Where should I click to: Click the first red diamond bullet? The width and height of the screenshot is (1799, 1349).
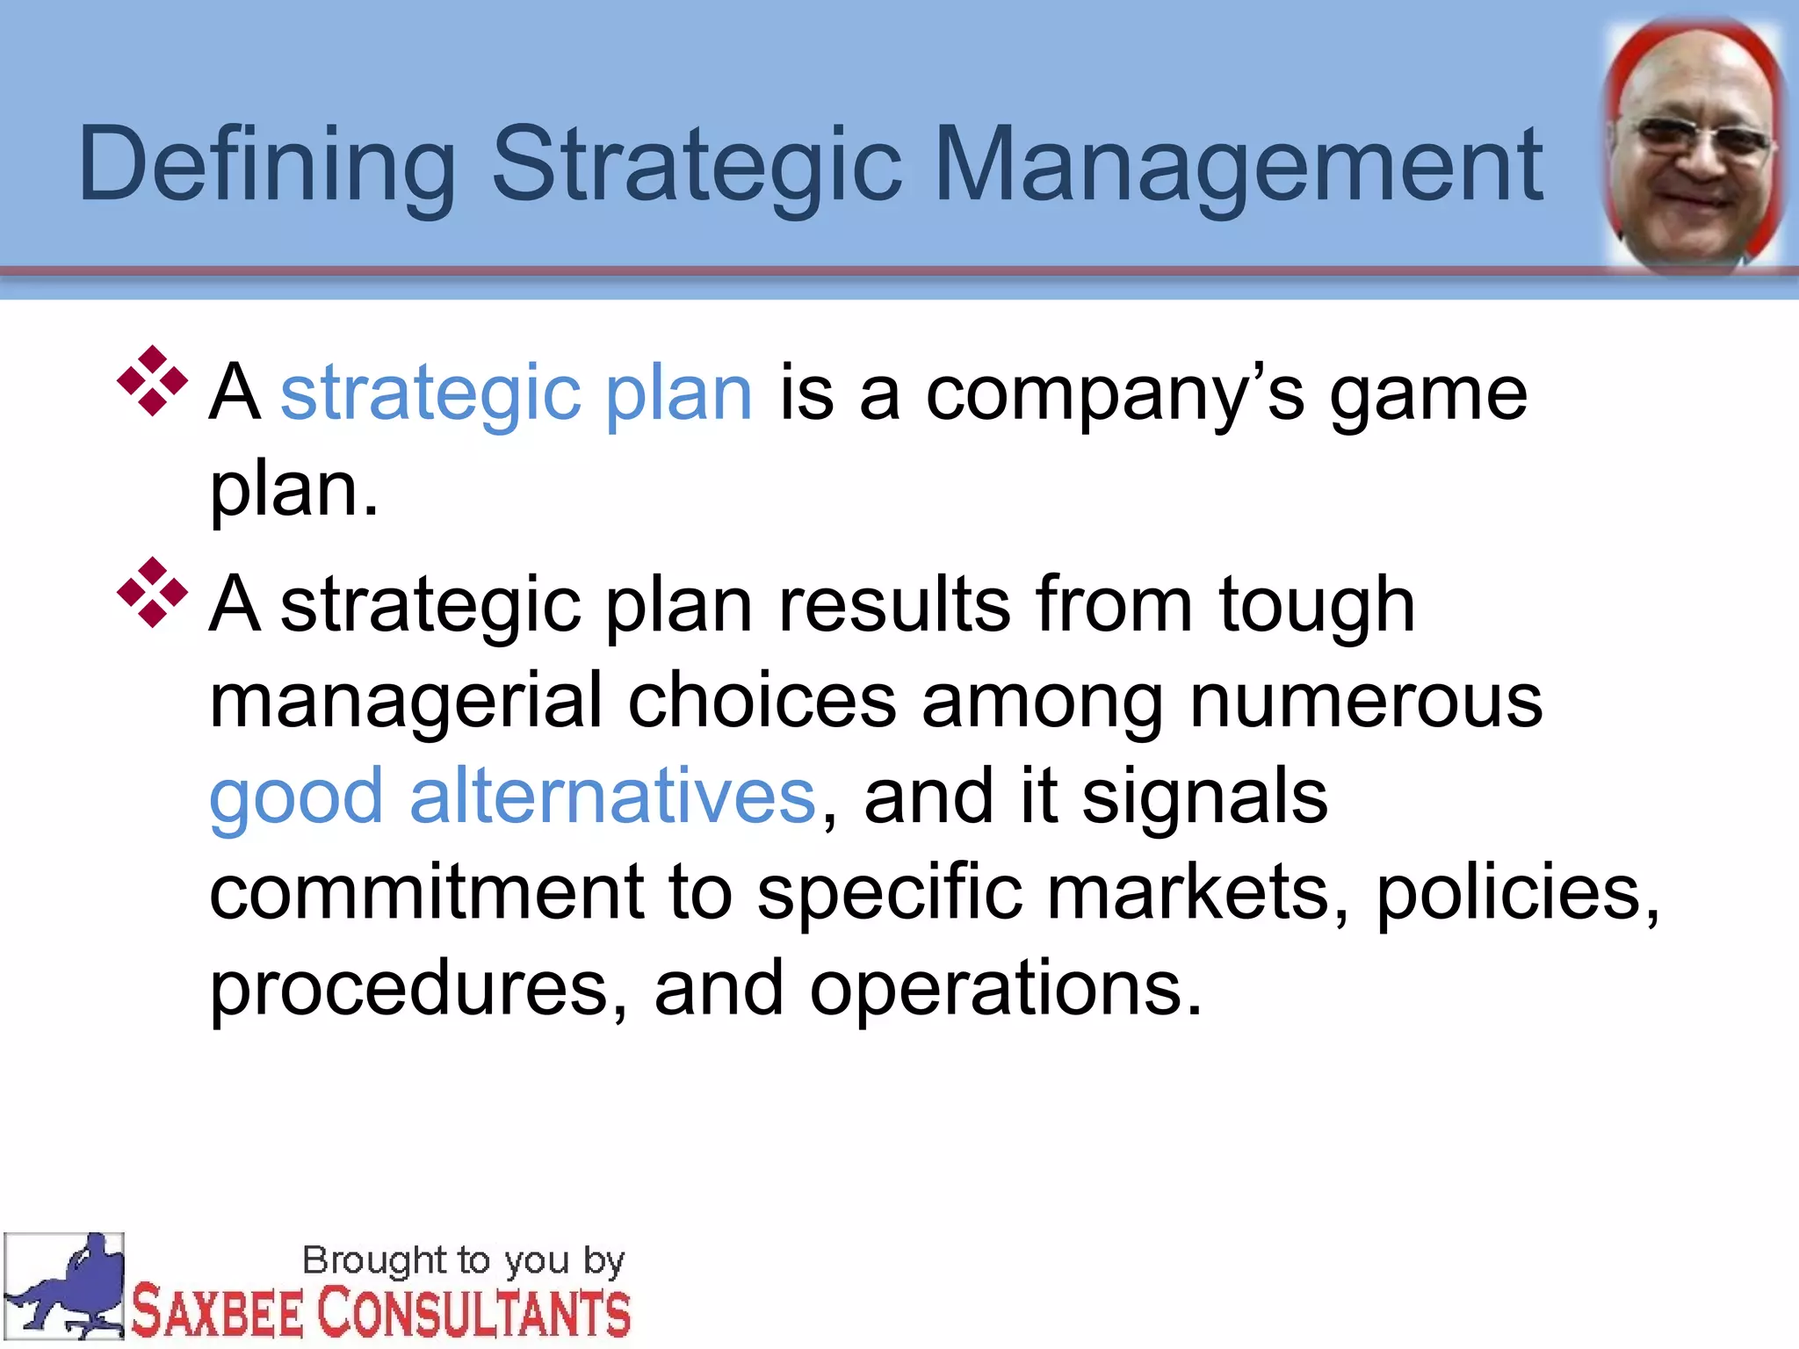153,380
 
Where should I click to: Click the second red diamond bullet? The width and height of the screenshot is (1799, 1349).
153,593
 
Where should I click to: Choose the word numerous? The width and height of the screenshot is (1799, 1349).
1365,703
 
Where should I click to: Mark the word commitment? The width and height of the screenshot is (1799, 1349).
427,892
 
